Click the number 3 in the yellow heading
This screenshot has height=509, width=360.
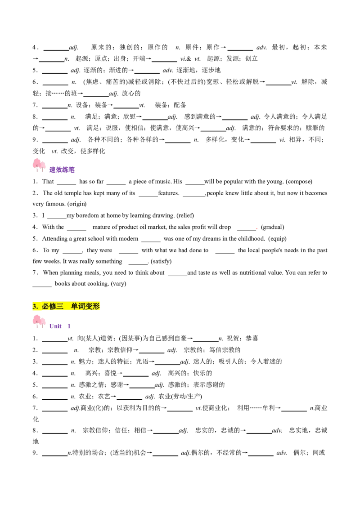(35, 307)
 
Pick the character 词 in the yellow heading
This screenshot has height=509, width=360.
(81, 307)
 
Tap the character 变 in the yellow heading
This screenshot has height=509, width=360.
(89, 307)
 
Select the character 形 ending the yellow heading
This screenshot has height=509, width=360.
(96, 307)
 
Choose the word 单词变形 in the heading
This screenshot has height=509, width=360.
(85, 307)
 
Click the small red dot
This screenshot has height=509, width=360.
(257, 228)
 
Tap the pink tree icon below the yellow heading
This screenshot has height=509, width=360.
(39, 321)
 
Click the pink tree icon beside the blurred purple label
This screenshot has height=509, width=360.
(39, 163)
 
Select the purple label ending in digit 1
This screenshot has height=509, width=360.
(60, 326)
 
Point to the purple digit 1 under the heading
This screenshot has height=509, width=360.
(69, 326)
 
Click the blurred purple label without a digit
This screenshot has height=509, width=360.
(62, 170)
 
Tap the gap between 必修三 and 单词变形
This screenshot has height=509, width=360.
(67, 307)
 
